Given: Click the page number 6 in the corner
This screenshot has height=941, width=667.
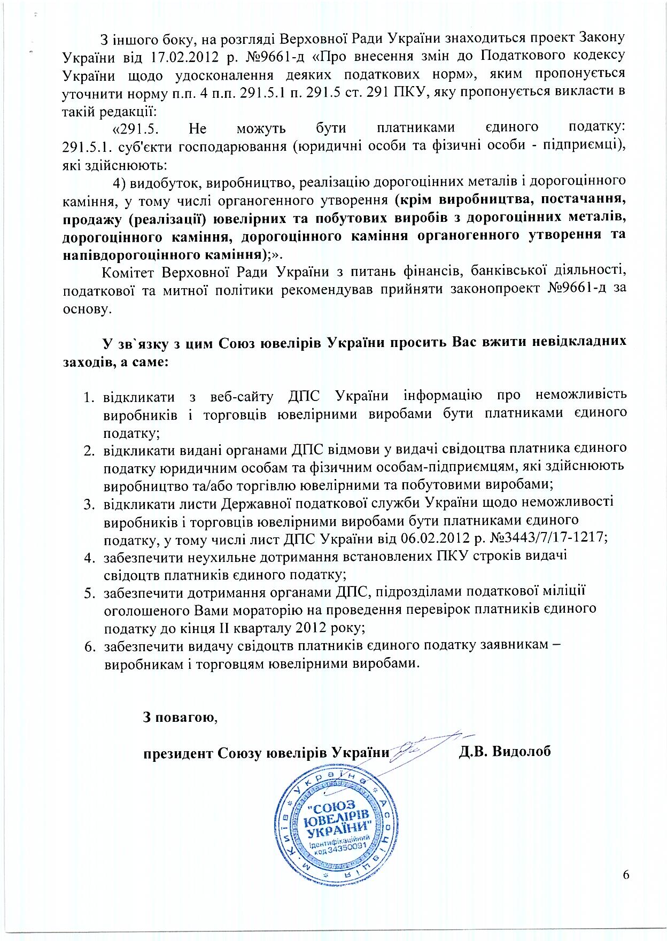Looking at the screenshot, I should point(626,875).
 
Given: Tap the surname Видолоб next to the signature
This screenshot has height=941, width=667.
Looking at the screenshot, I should point(505,751).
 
